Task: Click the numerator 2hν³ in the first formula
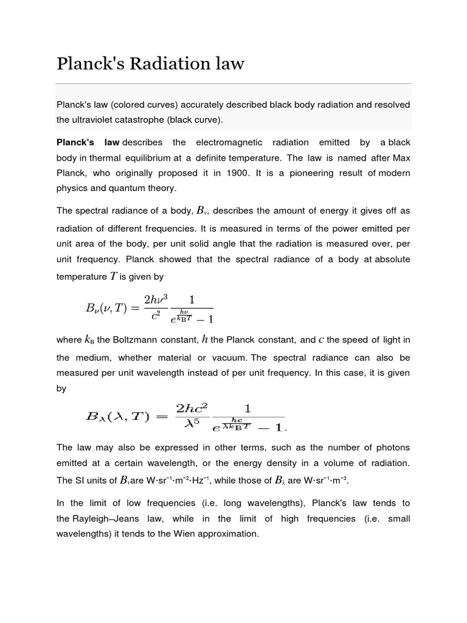pos(155,300)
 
